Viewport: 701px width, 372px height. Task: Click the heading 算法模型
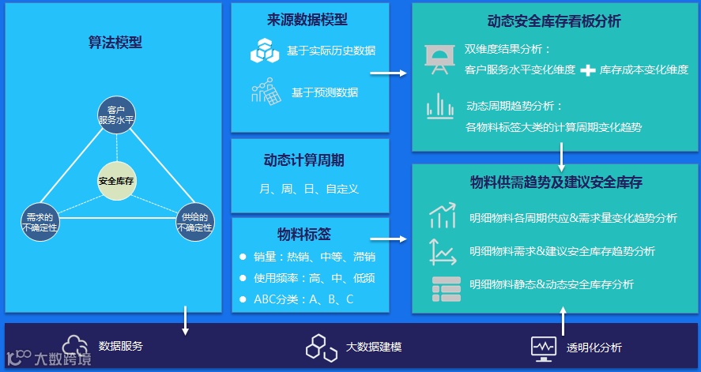click(x=115, y=43)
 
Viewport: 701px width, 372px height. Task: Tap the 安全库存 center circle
click(x=116, y=181)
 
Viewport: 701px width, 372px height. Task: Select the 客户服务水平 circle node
click(x=116, y=115)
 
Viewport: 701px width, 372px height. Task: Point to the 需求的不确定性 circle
click(x=40, y=223)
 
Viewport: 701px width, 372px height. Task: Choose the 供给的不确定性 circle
click(x=194, y=223)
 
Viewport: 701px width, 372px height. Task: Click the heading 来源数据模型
click(x=307, y=20)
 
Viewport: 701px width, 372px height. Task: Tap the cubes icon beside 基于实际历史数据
click(x=265, y=51)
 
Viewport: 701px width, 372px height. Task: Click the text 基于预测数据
click(x=324, y=92)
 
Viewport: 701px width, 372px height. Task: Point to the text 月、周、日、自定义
click(x=309, y=189)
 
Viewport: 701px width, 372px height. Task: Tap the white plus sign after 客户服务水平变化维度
click(x=587, y=70)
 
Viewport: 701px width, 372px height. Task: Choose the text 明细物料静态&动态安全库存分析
click(x=551, y=284)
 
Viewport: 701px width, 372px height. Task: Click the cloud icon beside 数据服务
click(x=76, y=345)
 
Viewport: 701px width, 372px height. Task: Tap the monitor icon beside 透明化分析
click(x=542, y=348)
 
